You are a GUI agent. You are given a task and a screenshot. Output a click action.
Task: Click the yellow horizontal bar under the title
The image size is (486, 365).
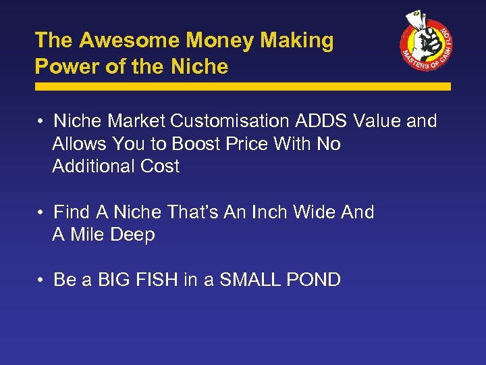click(242, 87)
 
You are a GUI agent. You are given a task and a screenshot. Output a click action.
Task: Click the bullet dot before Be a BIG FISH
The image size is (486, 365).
click(42, 280)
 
